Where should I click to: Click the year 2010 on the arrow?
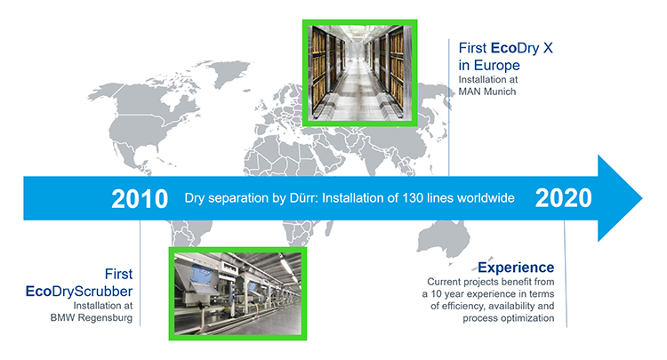click(141, 198)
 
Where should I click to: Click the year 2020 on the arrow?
click(564, 198)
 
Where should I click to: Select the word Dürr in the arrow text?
click(285, 198)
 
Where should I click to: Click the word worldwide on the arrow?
click(481, 198)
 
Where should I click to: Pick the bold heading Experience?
click(516, 268)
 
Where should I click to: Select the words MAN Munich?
click(488, 92)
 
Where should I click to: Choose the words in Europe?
click(489, 64)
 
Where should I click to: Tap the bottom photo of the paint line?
click(237, 293)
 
